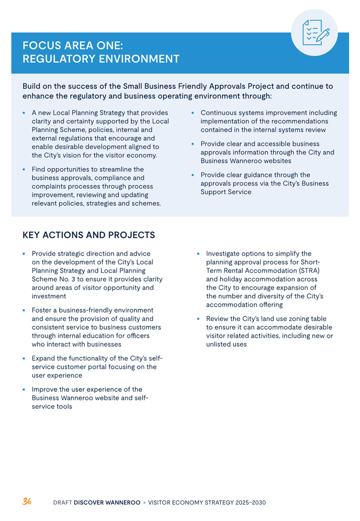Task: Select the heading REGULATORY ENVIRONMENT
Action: point(100,59)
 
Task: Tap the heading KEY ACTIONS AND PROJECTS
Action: point(89,235)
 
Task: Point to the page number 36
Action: point(27,502)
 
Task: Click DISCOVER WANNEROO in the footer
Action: point(107,503)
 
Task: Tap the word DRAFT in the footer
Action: point(63,503)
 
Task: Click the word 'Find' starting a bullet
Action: point(39,169)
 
